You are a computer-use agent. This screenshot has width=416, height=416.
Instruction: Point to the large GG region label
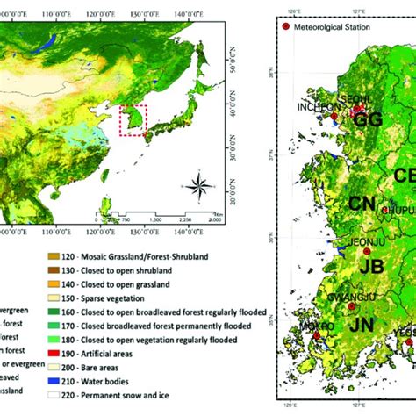pos(368,121)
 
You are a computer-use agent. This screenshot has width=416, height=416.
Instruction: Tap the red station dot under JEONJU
pos(367,253)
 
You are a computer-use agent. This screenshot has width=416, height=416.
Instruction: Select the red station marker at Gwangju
pos(352,306)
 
